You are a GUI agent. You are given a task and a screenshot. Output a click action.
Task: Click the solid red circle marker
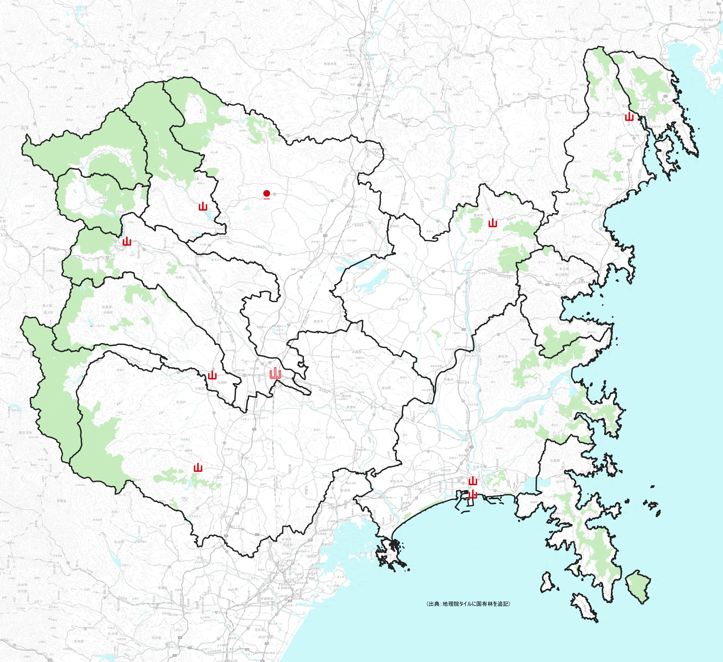pyautogui.click(x=267, y=194)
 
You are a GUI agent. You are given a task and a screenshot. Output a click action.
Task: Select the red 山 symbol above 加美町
pyautogui.click(x=212, y=375)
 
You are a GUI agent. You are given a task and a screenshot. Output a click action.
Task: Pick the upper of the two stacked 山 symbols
pyautogui.click(x=473, y=481)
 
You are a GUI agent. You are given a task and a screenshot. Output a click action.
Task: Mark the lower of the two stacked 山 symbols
pyautogui.click(x=473, y=495)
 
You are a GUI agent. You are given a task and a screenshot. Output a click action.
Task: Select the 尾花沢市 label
pyautogui.click(x=25, y=433)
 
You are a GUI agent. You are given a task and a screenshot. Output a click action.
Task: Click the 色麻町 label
pyautogui.click(x=181, y=402)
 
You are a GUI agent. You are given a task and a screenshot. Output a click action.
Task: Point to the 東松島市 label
pyautogui.click(x=396, y=481)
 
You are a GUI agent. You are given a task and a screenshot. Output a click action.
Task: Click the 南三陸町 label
pyautogui.click(x=562, y=275)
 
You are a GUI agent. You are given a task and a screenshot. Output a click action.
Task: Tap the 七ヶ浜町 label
pyautogui.click(x=333, y=586)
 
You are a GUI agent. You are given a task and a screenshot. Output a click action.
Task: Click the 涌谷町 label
pyautogui.click(x=386, y=388)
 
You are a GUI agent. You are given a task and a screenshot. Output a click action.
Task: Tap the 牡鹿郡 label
pyautogui.click(x=555, y=460)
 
